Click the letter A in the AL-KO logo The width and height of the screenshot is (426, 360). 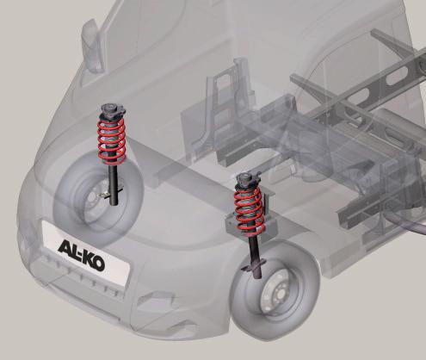pos(64,247)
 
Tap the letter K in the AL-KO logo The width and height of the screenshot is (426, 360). pos(86,258)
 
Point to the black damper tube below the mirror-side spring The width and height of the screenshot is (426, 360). pos(114,183)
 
